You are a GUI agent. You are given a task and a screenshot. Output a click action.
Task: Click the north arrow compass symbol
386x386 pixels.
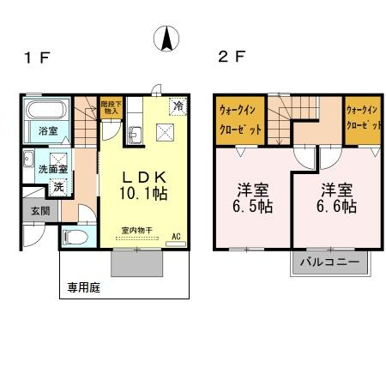point(166,39)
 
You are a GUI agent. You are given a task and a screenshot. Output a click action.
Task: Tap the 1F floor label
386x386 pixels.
point(38,57)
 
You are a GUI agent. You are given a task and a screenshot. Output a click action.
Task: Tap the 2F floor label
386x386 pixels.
point(232,57)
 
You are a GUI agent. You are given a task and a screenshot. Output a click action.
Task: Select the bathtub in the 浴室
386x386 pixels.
point(46,110)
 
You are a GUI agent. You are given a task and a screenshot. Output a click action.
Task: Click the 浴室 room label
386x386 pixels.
point(48,131)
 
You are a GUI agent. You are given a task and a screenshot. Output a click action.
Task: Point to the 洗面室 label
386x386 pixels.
point(53,169)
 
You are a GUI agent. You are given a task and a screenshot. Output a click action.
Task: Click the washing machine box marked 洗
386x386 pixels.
point(58,188)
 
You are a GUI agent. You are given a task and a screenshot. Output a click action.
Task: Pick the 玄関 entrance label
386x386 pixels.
point(40,211)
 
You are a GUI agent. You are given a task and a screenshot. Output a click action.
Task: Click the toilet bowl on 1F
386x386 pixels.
point(75,238)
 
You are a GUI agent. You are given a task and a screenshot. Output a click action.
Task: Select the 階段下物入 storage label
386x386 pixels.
point(112,107)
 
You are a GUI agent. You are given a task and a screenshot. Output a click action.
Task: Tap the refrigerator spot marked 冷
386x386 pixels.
point(178,106)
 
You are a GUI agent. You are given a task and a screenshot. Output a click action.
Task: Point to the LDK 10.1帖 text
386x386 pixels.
point(144,185)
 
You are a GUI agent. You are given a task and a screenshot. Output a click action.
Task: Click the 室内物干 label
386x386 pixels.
point(137,230)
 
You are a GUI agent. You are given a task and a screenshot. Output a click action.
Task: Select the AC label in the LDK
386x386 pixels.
point(176,237)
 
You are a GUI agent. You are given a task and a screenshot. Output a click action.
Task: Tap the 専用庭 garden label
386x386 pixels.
point(84,287)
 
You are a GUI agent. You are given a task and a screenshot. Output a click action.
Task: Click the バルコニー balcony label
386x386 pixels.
point(329,262)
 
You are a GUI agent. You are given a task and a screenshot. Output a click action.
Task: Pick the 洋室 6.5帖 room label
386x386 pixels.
point(252,198)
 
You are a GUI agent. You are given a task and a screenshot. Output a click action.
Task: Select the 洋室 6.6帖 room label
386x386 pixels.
point(336,198)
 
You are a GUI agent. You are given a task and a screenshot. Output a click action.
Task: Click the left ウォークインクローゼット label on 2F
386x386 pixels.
point(240,120)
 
